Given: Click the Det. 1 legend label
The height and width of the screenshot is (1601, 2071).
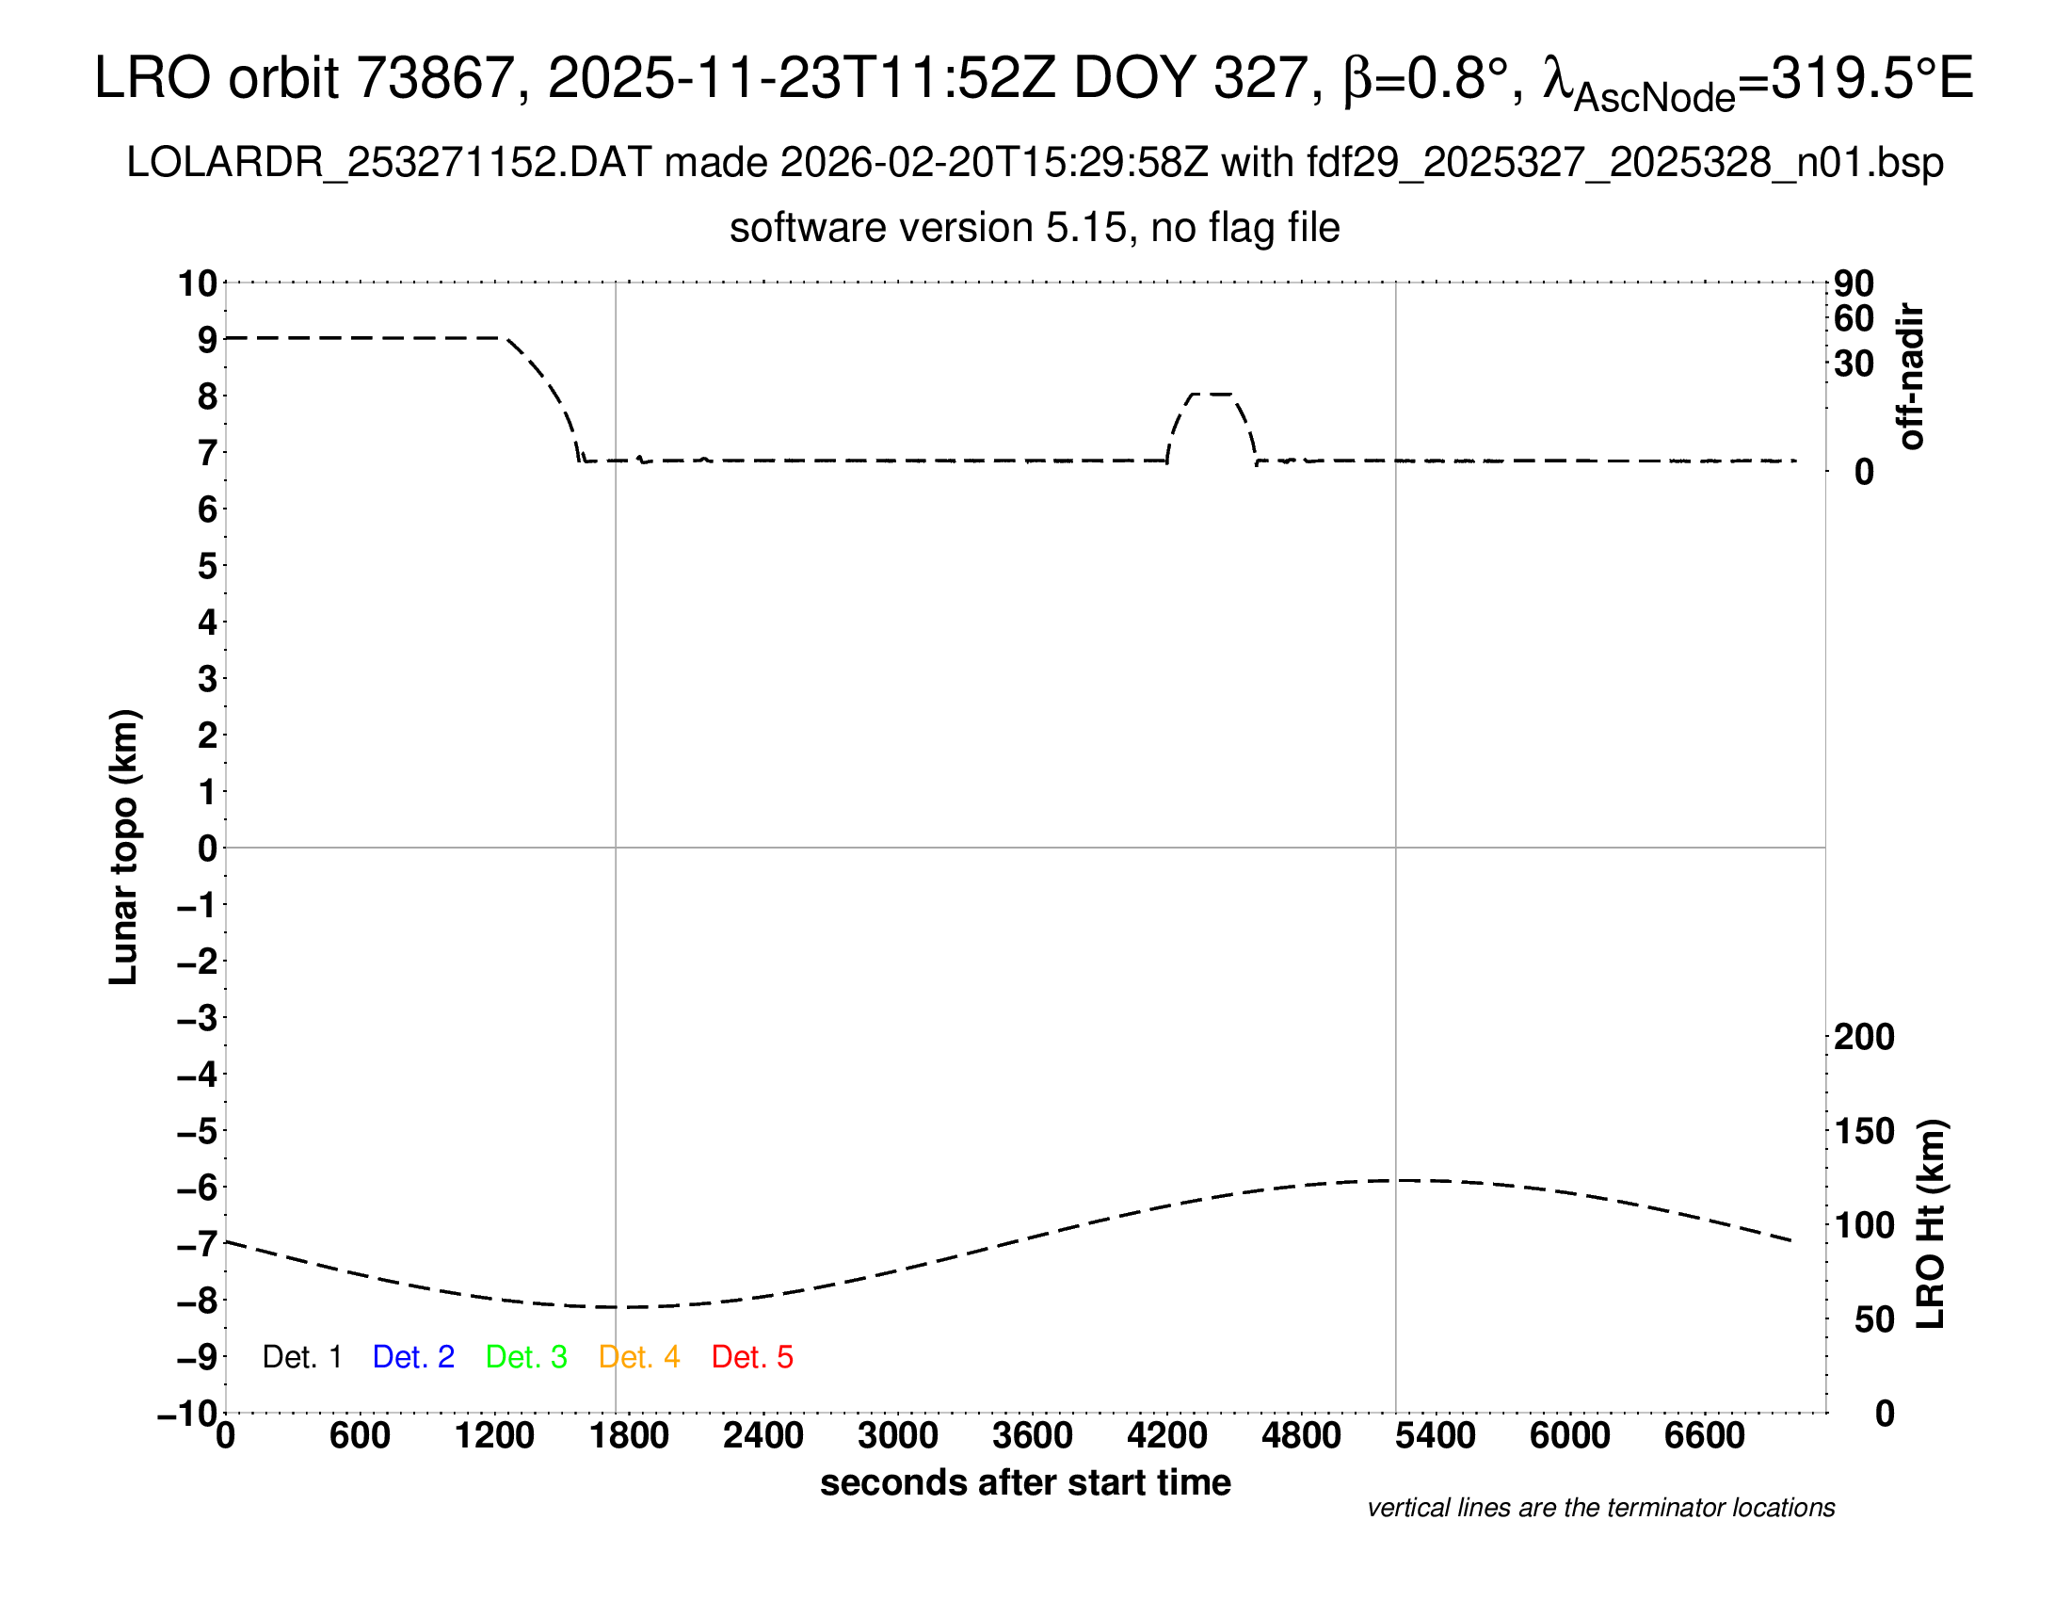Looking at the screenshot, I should coord(301,1357).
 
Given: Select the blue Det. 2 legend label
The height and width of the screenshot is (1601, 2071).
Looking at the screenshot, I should coord(413,1357).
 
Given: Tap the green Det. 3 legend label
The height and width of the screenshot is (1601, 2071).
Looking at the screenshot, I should coord(526,1357).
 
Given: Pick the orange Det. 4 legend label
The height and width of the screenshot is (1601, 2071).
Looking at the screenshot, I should coord(639,1357).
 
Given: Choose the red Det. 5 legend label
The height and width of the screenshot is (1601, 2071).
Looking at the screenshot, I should coord(752,1357).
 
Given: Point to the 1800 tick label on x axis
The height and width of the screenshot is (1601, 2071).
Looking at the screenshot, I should coord(629,1436).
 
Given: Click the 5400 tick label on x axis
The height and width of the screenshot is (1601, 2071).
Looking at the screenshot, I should coord(1435,1436).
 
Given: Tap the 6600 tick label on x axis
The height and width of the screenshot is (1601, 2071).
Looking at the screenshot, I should coord(1704,1436).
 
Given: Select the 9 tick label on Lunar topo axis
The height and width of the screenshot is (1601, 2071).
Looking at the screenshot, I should coord(207,340).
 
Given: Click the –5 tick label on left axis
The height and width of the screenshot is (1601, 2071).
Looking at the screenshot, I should coord(198,1131).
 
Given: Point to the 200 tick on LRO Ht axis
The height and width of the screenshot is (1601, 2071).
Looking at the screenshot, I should coord(1864,1037).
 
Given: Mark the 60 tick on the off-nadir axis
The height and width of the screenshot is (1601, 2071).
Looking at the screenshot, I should coord(1854,318).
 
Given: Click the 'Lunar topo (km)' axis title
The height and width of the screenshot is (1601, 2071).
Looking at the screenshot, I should coord(124,847).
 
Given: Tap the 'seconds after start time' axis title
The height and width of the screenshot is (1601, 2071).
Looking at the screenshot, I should coord(1025,1482).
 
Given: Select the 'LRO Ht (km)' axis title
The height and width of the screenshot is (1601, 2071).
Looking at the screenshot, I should coord(1931,1224).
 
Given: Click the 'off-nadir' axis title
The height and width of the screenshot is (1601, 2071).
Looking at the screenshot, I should coord(1911,377).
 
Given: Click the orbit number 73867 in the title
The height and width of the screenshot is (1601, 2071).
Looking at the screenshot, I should coord(434,78).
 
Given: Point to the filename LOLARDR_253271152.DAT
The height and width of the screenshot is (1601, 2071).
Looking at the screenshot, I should coord(389,163).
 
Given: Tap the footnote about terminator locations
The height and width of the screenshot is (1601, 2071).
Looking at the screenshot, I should coord(1600,1508).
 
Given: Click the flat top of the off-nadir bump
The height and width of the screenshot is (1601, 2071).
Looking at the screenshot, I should coord(1211,394).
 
